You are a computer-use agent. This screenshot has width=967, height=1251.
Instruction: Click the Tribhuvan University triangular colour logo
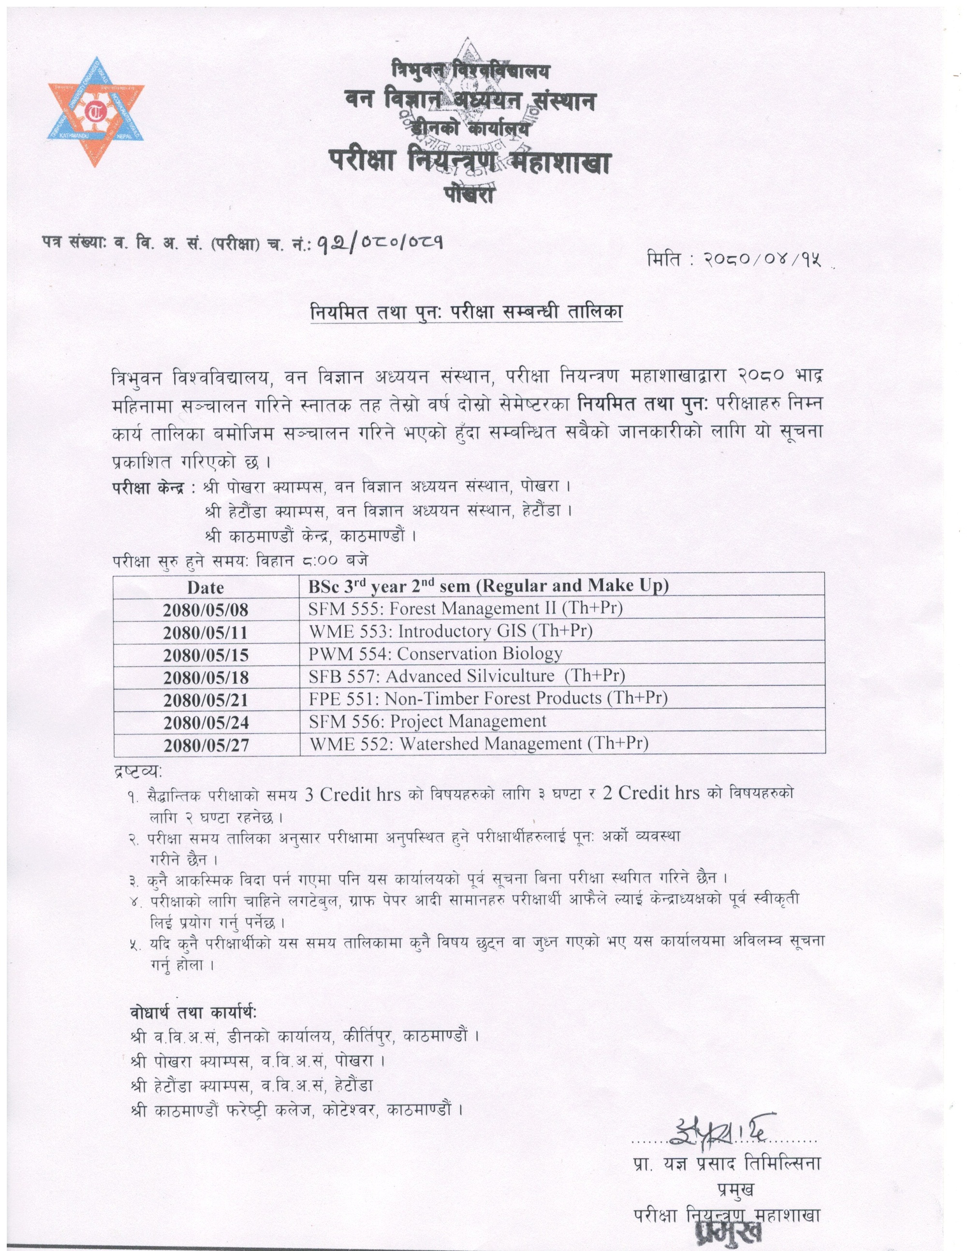tap(96, 112)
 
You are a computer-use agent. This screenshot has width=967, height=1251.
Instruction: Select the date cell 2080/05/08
tap(205, 610)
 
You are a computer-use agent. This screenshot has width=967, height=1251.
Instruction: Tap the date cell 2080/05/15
tap(205, 655)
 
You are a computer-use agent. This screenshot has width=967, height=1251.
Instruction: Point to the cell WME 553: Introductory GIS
tap(450, 631)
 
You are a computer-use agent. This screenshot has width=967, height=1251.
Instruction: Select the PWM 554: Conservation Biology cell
tap(435, 654)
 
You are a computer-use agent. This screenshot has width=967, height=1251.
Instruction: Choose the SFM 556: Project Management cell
tap(427, 721)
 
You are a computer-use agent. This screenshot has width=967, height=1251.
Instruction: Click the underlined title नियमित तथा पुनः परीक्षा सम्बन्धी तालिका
tap(466, 312)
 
